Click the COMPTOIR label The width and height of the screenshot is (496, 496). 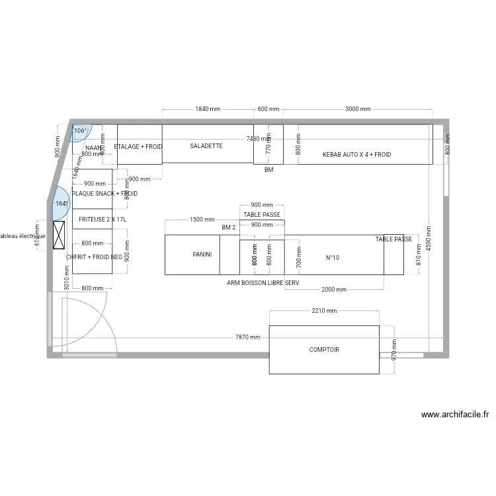[324, 350]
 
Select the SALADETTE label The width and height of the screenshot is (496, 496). [206, 145]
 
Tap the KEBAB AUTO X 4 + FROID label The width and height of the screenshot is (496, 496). [357, 155]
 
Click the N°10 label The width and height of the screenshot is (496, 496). [333, 258]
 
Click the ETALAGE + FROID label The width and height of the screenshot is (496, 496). [138, 146]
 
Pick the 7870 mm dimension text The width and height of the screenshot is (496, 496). [248, 337]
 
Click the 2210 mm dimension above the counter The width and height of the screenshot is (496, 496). [324, 311]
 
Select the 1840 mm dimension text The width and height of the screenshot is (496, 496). [208, 108]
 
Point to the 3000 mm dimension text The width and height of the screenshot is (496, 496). [358, 108]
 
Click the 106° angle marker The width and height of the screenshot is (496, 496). [80, 131]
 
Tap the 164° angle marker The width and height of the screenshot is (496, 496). [62, 204]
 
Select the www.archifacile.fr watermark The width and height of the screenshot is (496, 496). [455, 415]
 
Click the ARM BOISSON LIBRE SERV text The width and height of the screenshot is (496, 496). [263, 282]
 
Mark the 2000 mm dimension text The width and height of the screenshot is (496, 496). [333, 290]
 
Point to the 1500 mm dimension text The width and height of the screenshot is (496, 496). [202, 220]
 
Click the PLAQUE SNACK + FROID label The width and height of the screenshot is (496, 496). [104, 194]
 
